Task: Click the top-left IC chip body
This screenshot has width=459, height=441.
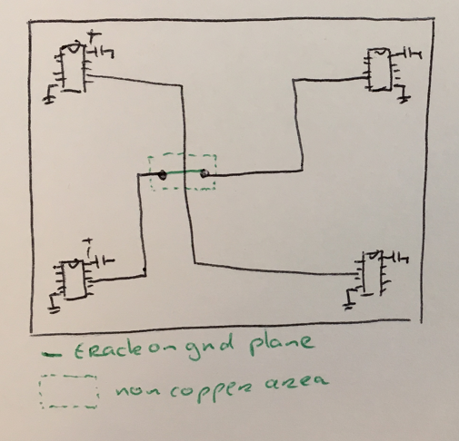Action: (x=73, y=68)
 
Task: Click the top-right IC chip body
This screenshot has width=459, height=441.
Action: (x=379, y=69)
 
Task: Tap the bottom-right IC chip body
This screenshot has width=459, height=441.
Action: (x=372, y=273)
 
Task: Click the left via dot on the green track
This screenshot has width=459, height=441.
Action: (x=163, y=174)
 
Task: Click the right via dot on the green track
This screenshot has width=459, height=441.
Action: (x=205, y=173)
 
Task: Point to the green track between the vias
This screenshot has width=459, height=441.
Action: (x=184, y=172)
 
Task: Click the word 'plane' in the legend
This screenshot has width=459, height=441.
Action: (x=281, y=344)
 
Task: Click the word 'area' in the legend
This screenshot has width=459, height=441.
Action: (x=296, y=381)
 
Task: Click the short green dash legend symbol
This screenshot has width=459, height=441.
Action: (x=52, y=354)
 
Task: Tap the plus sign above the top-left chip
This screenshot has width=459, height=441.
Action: (x=95, y=36)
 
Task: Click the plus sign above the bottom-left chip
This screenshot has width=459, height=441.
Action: (x=88, y=241)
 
